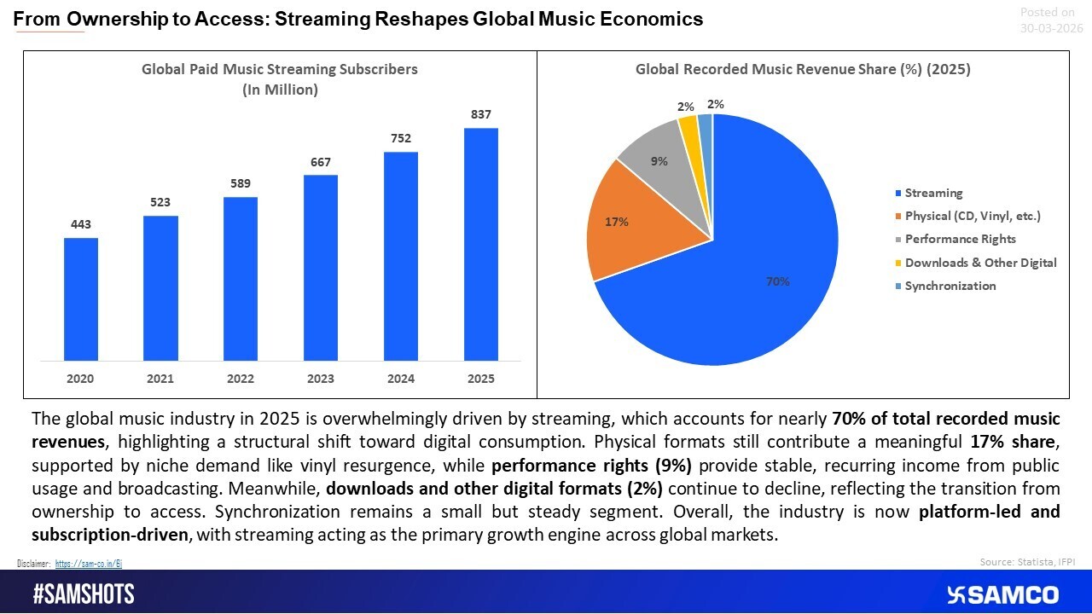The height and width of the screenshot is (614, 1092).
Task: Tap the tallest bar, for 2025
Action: click(x=480, y=244)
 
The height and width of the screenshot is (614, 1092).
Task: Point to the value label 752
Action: click(x=401, y=138)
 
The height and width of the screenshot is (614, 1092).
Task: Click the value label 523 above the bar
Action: click(x=160, y=202)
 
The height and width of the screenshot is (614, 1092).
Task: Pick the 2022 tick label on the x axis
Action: click(x=241, y=379)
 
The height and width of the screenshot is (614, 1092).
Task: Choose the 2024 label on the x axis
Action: click(x=401, y=379)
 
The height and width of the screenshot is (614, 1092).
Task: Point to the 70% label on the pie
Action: click(x=777, y=281)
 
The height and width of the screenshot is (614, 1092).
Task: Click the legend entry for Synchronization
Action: click(x=950, y=286)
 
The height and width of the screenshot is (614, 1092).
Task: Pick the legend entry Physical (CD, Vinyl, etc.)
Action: click(x=972, y=216)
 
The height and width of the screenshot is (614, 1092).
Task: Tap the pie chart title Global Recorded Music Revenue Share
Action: click(x=803, y=70)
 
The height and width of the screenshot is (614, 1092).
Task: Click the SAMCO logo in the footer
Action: click(x=1002, y=594)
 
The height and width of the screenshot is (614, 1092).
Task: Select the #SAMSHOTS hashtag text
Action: click(x=84, y=594)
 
